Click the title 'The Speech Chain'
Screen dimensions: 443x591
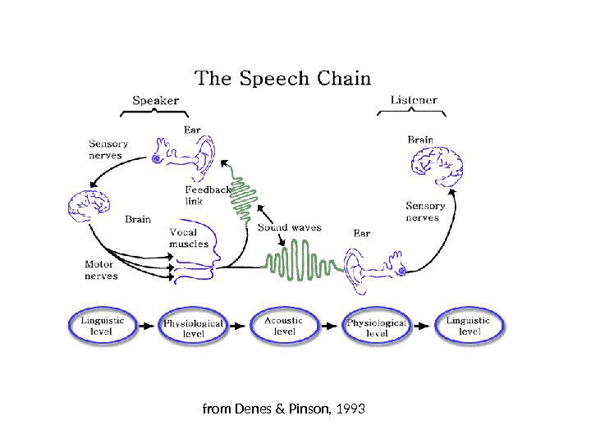click(x=282, y=79)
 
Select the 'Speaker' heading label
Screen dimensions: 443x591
click(x=156, y=101)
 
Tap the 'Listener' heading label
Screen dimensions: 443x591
click(x=414, y=101)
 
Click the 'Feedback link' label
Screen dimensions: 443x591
click(x=207, y=194)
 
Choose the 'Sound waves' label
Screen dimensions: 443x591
click(x=289, y=227)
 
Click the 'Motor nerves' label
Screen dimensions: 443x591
click(x=101, y=270)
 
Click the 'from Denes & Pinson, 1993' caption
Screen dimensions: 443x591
click(x=283, y=408)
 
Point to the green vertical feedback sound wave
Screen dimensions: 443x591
click(x=244, y=197)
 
